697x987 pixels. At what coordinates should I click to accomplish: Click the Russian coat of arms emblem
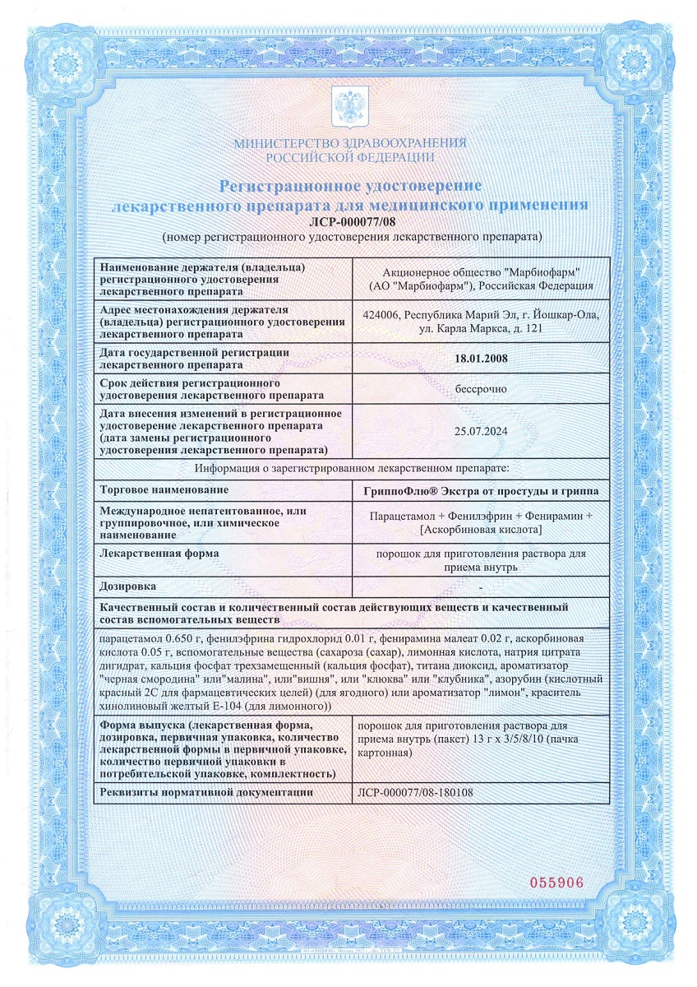[x=348, y=107]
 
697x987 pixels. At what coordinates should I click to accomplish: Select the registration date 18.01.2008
[x=481, y=359]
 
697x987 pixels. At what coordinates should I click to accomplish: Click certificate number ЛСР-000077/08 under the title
[x=349, y=221]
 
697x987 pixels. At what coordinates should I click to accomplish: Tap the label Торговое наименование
[x=163, y=490]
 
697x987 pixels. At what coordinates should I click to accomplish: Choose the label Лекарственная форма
[x=159, y=554]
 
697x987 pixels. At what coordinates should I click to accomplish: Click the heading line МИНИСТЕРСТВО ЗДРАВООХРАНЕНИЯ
[x=349, y=143]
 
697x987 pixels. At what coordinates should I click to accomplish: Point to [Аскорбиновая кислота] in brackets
[x=481, y=530]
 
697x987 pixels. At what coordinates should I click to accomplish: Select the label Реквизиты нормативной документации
[x=206, y=792]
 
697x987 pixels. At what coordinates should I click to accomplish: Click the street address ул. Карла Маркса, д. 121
[x=481, y=329]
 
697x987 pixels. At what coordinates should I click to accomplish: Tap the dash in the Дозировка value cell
[x=481, y=586]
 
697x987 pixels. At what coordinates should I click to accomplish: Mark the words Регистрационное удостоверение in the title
[x=349, y=186]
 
